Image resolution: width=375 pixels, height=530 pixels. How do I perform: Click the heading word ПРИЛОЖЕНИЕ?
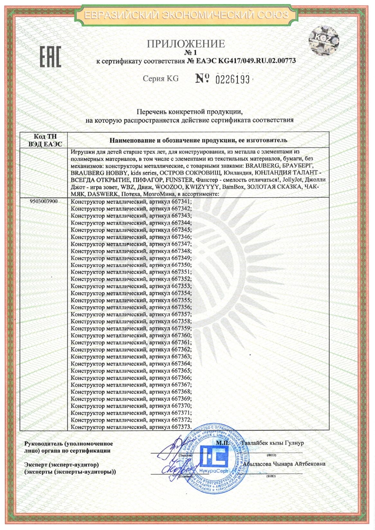[x=186, y=44]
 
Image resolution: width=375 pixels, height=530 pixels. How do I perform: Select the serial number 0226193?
[x=232, y=79]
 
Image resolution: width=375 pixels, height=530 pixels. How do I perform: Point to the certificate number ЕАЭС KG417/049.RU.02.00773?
[x=241, y=61]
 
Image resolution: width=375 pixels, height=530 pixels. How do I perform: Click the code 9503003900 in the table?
[x=44, y=202]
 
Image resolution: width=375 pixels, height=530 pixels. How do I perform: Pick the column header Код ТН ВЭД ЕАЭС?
[x=45, y=141]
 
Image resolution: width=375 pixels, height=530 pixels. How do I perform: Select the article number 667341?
[x=181, y=202]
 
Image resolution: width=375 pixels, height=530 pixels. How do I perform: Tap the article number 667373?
[x=181, y=427]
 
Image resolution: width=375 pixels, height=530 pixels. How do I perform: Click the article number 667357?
[x=181, y=314]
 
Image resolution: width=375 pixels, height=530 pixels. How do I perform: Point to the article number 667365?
[x=181, y=371]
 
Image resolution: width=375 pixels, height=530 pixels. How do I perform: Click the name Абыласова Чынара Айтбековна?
[x=284, y=464]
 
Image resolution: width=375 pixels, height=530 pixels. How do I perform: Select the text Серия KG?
[x=160, y=79]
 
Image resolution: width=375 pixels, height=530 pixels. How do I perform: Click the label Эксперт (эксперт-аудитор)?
[x=61, y=465]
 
